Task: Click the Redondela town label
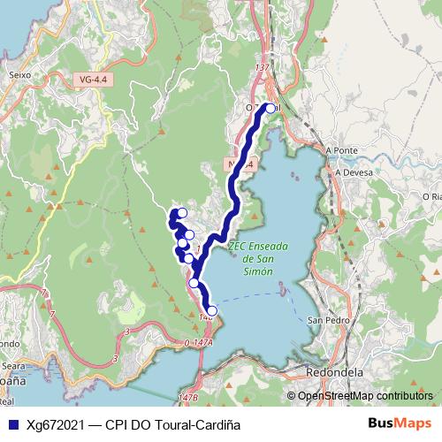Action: pyautogui.click(x=335, y=372)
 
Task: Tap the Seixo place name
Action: pyautogui.click(x=19, y=75)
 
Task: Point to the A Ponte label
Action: pyautogui.click(x=340, y=150)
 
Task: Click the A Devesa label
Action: pyautogui.click(x=351, y=173)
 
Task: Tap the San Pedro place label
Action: pyautogui.click(x=324, y=319)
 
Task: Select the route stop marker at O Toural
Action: pyautogui.click(x=271, y=109)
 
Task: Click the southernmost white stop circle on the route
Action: pyautogui.click(x=211, y=310)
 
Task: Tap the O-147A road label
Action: pyautogui.click(x=200, y=341)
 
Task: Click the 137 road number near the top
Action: pyautogui.click(x=261, y=67)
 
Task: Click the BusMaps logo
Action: pyautogui.click(x=400, y=423)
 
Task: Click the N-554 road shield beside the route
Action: pyautogui.click(x=240, y=164)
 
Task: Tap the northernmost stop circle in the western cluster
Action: pyautogui.click(x=182, y=212)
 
